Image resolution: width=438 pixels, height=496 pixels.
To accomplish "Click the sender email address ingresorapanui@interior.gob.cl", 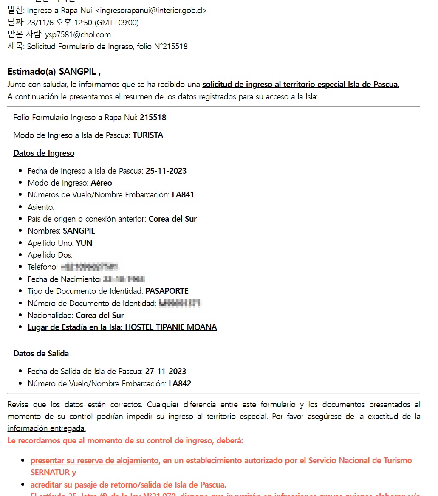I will pyautogui.click(x=151, y=11).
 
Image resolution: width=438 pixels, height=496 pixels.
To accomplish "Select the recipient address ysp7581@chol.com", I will pyautogui.click(x=78, y=34).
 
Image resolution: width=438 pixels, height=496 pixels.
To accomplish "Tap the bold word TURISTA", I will pyautogui.click(x=148, y=135).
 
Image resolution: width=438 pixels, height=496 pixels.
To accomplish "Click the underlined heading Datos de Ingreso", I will pyautogui.click(x=44, y=153).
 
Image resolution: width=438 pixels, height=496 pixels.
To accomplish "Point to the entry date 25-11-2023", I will pyautogui.click(x=166, y=171).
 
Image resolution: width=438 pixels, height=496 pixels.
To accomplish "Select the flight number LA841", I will pyautogui.click(x=183, y=195).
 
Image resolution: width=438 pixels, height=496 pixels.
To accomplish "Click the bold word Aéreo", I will pyautogui.click(x=102, y=183).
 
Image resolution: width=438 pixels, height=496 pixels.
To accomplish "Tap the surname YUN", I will pyautogui.click(x=84, y=243).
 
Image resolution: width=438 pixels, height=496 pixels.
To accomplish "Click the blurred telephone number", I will pyautogui.click(x=89, y=267).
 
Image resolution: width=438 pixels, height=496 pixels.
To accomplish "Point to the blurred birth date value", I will pyautogui.click(x=124, y=279).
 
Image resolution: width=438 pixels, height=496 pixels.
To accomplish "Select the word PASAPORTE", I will pyautogui.click(x=167, y=291).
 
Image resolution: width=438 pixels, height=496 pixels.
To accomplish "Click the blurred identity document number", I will pyautogui.click(x=180, y=303).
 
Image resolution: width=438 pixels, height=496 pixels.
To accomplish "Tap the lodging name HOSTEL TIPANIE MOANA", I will pyautogui.click(x=171, y=327).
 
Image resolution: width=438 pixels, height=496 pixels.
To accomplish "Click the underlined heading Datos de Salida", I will pyautogui.click(x=41, y=354).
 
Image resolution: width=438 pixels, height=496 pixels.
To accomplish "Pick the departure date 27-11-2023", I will pyautogui.click(x=166, y=372).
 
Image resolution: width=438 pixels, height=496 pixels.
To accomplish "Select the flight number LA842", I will pyautogui.click(x=180, y=384).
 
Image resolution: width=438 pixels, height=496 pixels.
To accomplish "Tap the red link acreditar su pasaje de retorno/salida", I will pyautogui.click(x=96, y=485).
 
